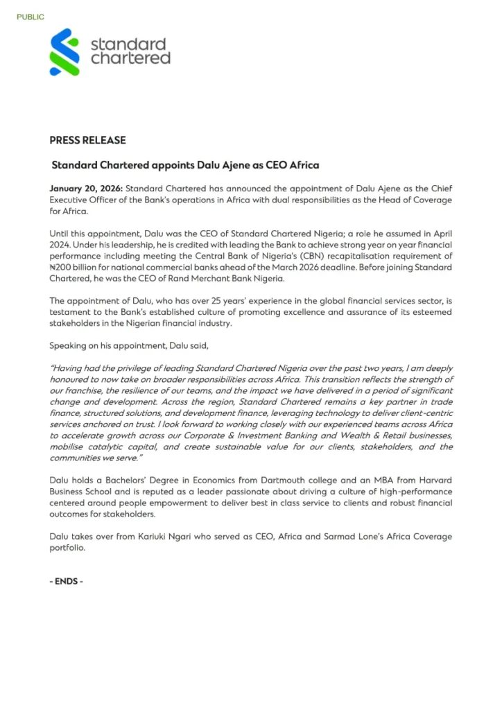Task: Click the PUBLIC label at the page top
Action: click(31, 17)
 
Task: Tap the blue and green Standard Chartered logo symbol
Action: click(64, 52)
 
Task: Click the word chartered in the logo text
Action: click(130, 58)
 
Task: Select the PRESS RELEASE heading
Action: click(87, 140)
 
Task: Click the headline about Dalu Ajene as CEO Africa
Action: click(185, 166)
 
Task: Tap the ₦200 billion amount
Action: click(78, 267)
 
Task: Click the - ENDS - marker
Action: click(67, 581)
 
